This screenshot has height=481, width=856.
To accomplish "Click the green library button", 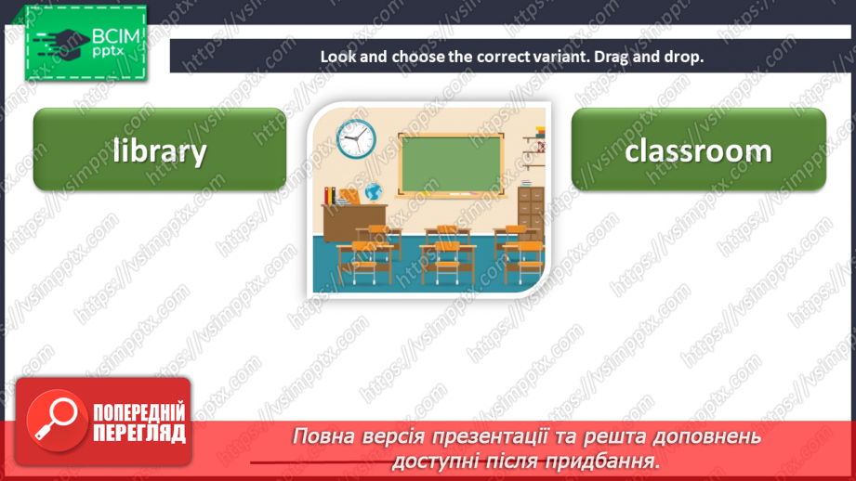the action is tap(160, 149).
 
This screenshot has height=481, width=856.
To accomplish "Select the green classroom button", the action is tap(699, 149).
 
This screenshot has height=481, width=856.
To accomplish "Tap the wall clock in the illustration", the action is tap(356, 139).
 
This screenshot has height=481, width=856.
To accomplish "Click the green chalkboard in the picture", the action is tap(451, 164).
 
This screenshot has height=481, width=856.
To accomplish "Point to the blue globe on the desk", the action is tap(374, 192).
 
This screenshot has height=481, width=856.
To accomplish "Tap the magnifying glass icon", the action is tap(56, 420).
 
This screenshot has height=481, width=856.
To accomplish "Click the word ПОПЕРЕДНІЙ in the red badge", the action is tap(139, 412).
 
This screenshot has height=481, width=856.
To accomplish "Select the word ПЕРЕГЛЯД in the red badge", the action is tap(139, 433).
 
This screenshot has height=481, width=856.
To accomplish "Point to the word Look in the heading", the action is tap(338, 57).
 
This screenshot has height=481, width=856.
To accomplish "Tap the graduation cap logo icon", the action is tap(64, 45).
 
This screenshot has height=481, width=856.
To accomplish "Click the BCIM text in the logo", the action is tap(116, 37).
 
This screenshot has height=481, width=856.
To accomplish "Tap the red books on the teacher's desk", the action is tap(330, 196).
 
